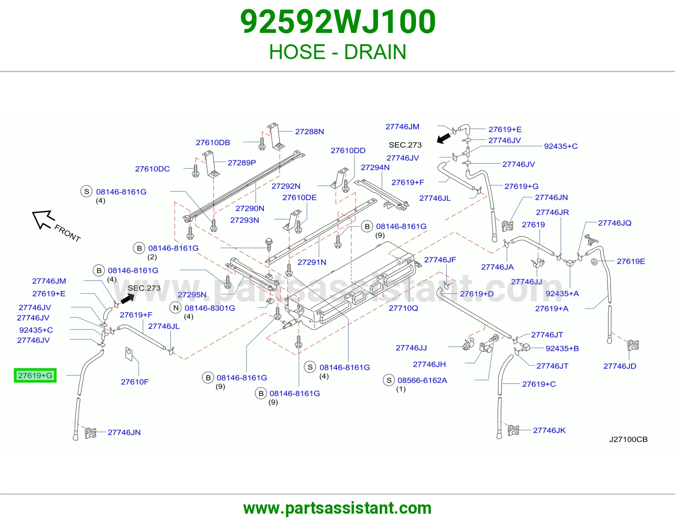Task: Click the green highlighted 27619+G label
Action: (35, 375)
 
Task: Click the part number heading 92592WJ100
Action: (338, 22)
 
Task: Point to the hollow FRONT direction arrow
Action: (43, 219)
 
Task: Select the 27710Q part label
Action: (403, 308)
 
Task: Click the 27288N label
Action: (309, 131)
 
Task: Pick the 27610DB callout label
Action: (213, 142)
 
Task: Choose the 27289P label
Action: (242, 162)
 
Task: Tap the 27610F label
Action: (135, 382)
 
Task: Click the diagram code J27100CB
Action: (628, 439)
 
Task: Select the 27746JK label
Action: (549, 430)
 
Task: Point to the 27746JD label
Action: (620, 366)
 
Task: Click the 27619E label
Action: (631, 261)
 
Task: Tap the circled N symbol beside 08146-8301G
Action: (176, 308)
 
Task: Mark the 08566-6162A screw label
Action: (422, 380)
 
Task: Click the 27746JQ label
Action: (615, 223)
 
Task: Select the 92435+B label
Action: (562, 348)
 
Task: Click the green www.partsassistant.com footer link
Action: (337, 508)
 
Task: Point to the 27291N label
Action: (312, 262)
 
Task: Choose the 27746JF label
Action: (440, 260)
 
